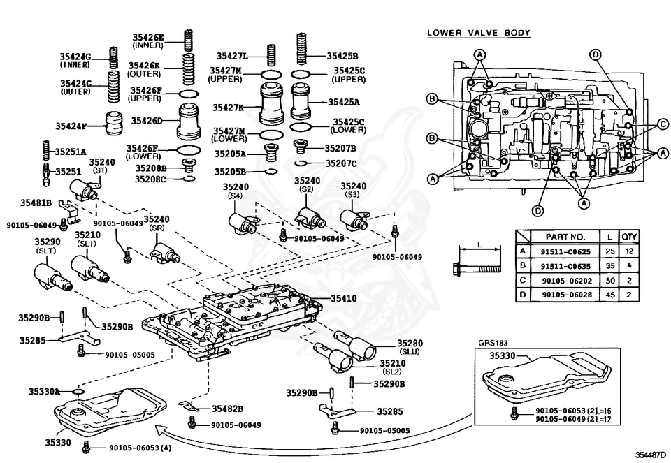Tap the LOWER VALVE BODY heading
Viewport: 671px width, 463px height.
(479, 33)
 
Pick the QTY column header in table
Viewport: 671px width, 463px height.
(629, 237)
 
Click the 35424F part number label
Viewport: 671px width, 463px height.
(71, 126)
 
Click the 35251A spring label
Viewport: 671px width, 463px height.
(71, 152)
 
